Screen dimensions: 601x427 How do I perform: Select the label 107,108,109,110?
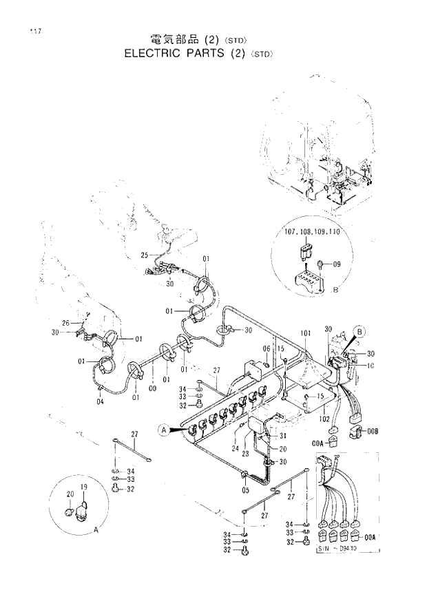pyautogui.click(x=312, y=233)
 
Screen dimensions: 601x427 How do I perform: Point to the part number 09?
pyautogui.click(x=337, y=264)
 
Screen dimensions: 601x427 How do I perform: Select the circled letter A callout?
pyautogui.click(x=163, y=430)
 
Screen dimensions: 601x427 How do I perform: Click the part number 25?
pyautogui.click(x=145, y=255)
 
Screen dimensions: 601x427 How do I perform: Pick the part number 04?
pyautogui.click(x=100, y=402)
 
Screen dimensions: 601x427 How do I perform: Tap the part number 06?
pyautogui.click(x=267, y=348)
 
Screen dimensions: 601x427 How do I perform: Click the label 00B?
pyautogui.click(x=373, y=432)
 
